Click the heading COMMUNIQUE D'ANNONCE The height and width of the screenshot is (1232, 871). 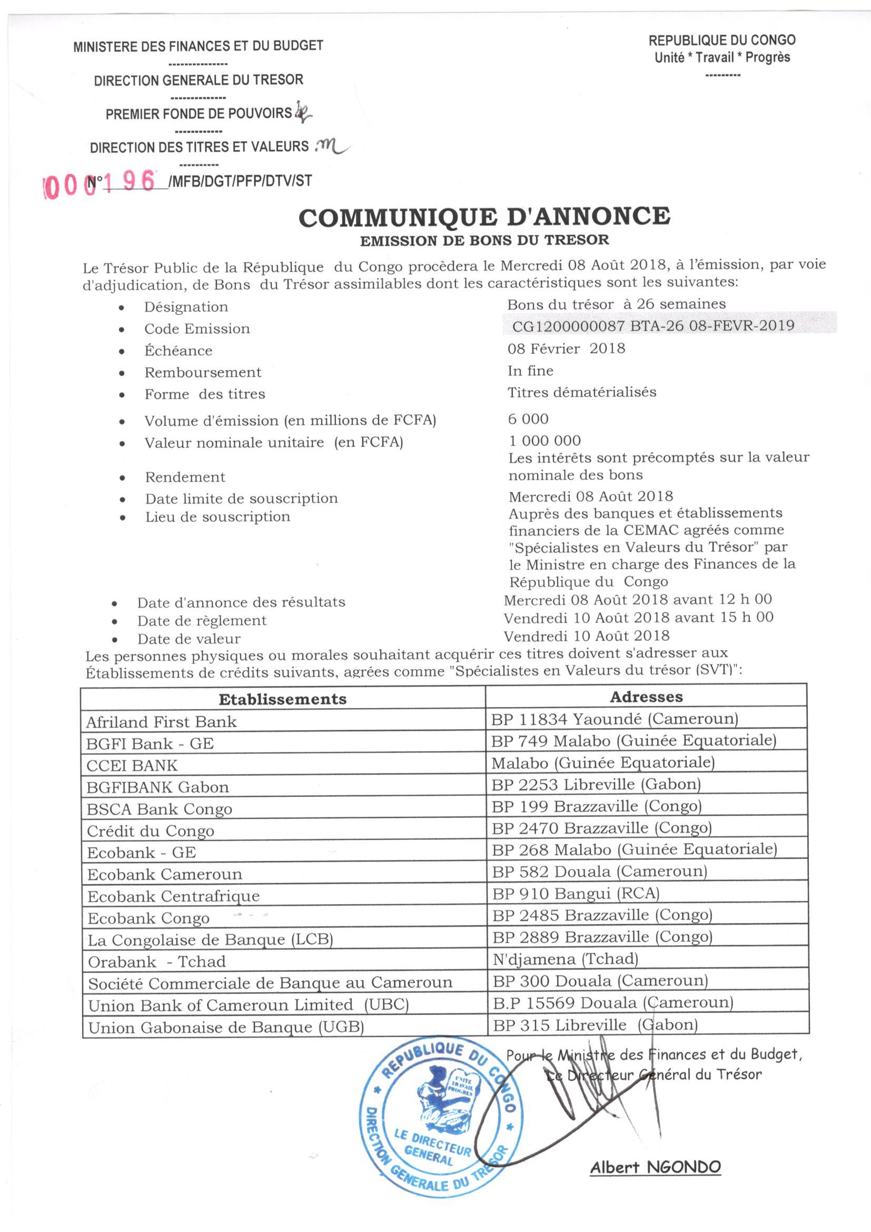(x=484, y=217)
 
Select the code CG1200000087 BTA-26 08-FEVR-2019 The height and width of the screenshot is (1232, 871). (x=652, y=326)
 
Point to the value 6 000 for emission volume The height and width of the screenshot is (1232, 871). (x=528, y=418)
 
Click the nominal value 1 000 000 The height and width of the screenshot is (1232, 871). (x=545, y=441)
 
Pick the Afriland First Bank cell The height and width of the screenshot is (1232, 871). (x=162, y=722)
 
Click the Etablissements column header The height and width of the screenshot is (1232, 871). (x=283, y=699)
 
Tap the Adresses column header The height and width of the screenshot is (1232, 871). (x=646, y=697)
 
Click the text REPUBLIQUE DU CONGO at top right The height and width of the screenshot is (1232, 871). (x=722, y=40)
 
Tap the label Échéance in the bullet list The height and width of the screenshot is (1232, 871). (x=178, y=351)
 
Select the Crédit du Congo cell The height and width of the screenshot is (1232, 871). (x=151, y=831)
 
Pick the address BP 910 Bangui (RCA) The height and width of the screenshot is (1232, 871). (x=576, y=893)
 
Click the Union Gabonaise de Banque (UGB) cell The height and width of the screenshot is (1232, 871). (x=226, y=1028)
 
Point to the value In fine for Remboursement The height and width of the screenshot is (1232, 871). (x=530, y=371)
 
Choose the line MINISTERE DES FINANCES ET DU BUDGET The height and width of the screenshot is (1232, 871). (x=198, y=46)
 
